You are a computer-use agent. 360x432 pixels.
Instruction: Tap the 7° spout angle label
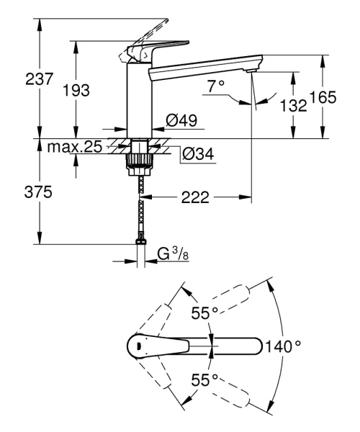(217, 86)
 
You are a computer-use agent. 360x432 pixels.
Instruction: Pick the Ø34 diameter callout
(196, 153)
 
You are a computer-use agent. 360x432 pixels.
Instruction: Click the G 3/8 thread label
(173, 253)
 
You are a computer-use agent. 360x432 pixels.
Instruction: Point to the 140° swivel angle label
(284, 346)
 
